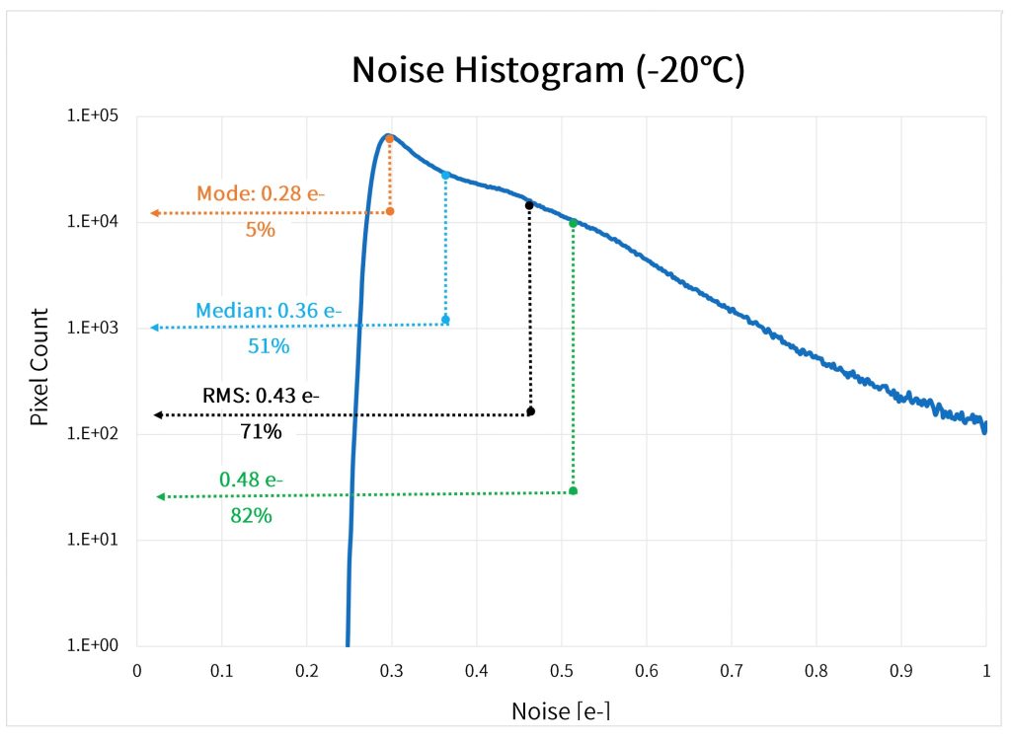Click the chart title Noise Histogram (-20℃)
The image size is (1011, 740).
click(x=548, y=71)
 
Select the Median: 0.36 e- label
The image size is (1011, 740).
click(x=269, y=310)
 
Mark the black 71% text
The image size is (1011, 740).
click(x=260, y=431)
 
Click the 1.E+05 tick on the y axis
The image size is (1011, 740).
click(x=92, y=116)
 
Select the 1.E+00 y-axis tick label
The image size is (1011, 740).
click(x=92, y=646)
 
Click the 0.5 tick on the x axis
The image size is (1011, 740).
click(x=562, y=671)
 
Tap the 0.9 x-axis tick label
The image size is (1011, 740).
click(x=901, y=671)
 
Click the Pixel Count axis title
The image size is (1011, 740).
click(x=39, y=367)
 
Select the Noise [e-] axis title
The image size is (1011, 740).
click(x=562, y=710)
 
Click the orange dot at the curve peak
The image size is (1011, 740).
click(x=390, y=139)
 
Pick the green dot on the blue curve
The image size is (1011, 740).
click(x=573, y=223)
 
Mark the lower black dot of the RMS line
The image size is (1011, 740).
click(x=530, y=410)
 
